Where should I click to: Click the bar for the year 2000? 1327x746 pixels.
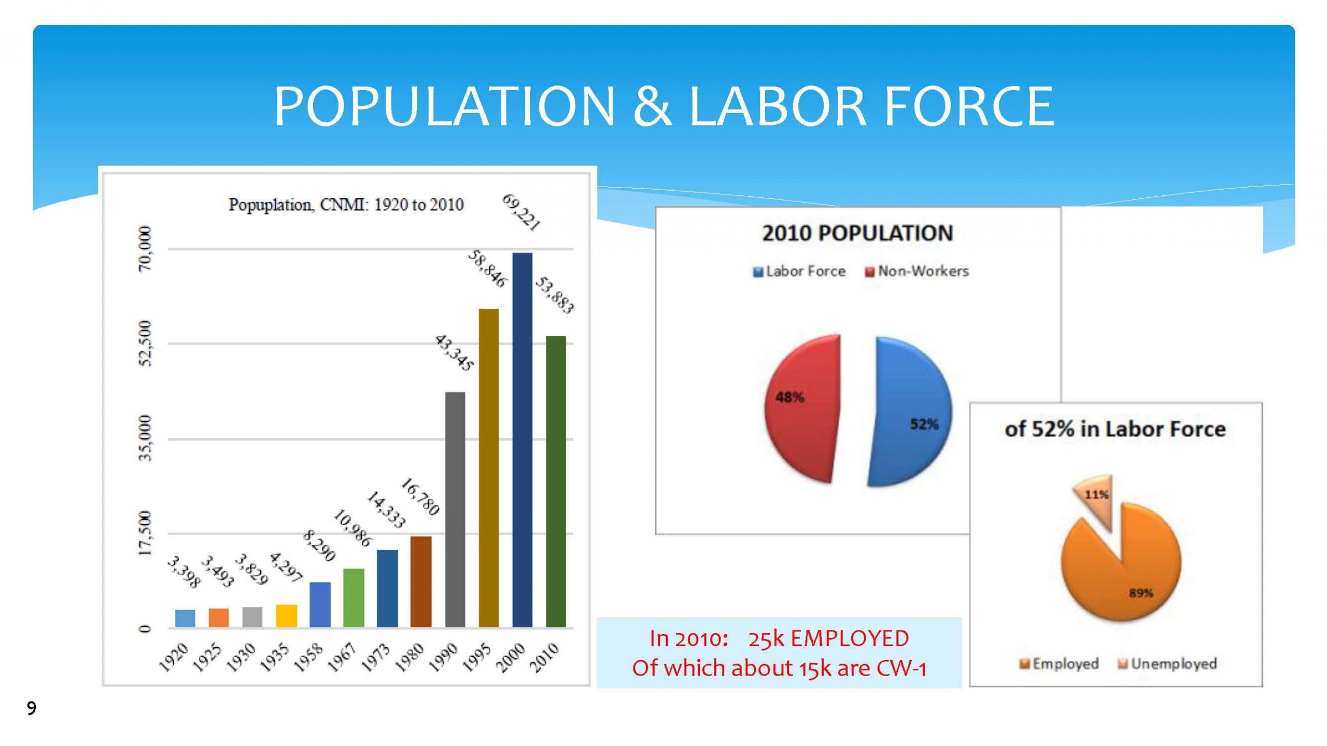tap(522, 440)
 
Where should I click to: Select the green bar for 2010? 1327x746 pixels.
tap(556, 482)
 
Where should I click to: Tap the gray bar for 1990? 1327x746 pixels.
tap(455, 510)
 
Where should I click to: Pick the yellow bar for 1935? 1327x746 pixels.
tap(287, 616)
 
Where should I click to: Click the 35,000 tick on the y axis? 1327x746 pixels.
tap(146, 438)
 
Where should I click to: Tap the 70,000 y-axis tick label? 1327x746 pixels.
tap(146, 249)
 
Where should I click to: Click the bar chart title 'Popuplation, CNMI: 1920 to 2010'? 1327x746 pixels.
tap(346, 205)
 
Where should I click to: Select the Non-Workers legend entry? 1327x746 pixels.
tap(916, 271)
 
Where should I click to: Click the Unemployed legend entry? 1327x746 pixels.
tap(1167, 664)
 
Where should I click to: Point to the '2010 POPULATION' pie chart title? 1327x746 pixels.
tap(857, 233)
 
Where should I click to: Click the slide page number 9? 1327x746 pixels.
tap(32, 708)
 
